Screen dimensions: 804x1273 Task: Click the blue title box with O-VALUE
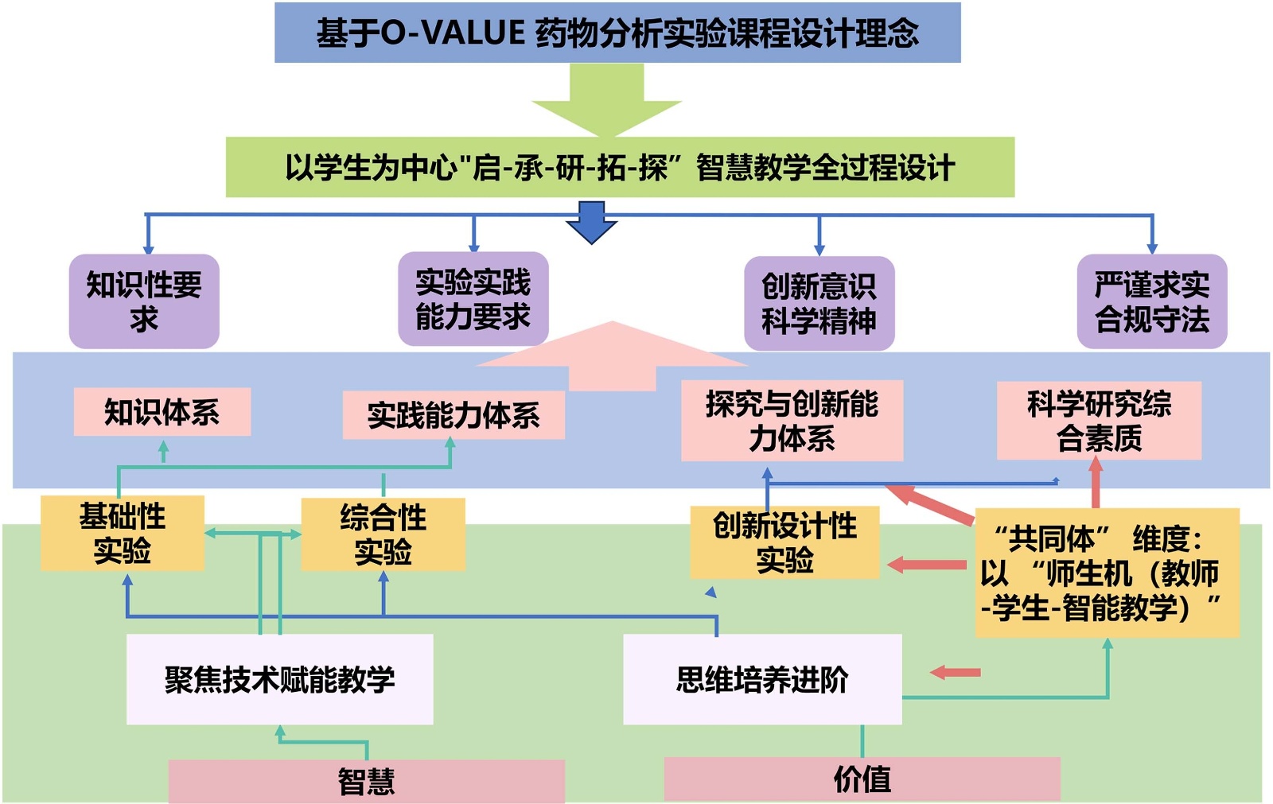click(617, 33)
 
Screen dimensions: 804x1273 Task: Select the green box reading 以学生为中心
click(620, 167)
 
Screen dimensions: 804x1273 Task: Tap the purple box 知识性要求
click(144, 301)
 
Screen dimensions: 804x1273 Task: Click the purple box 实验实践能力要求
click(473, 299)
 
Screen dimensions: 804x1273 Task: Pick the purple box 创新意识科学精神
click(819, 303)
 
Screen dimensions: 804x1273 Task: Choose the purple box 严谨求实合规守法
click(1151, 301)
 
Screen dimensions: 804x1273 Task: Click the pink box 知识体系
click(162, 412)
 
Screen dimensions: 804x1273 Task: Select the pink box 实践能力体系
click(454, 415)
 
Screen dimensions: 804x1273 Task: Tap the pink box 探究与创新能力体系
click(792, 421)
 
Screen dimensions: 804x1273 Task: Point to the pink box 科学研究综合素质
click(1099, 421)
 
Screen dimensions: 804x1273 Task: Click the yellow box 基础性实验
click(123, 533)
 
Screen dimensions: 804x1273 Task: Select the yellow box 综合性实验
click(383, 534)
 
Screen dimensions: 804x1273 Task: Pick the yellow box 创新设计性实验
click(784, 542)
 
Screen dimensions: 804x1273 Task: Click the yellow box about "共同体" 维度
click(1107, 573)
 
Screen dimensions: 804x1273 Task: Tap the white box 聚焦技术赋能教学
click(279, 679)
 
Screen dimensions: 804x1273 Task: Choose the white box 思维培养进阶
click(762, 679)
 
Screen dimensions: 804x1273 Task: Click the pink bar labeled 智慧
click(366, 781)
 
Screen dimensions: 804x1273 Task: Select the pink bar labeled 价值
click(862, 779)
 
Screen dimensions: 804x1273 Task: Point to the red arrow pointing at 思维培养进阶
click(955, 673)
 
